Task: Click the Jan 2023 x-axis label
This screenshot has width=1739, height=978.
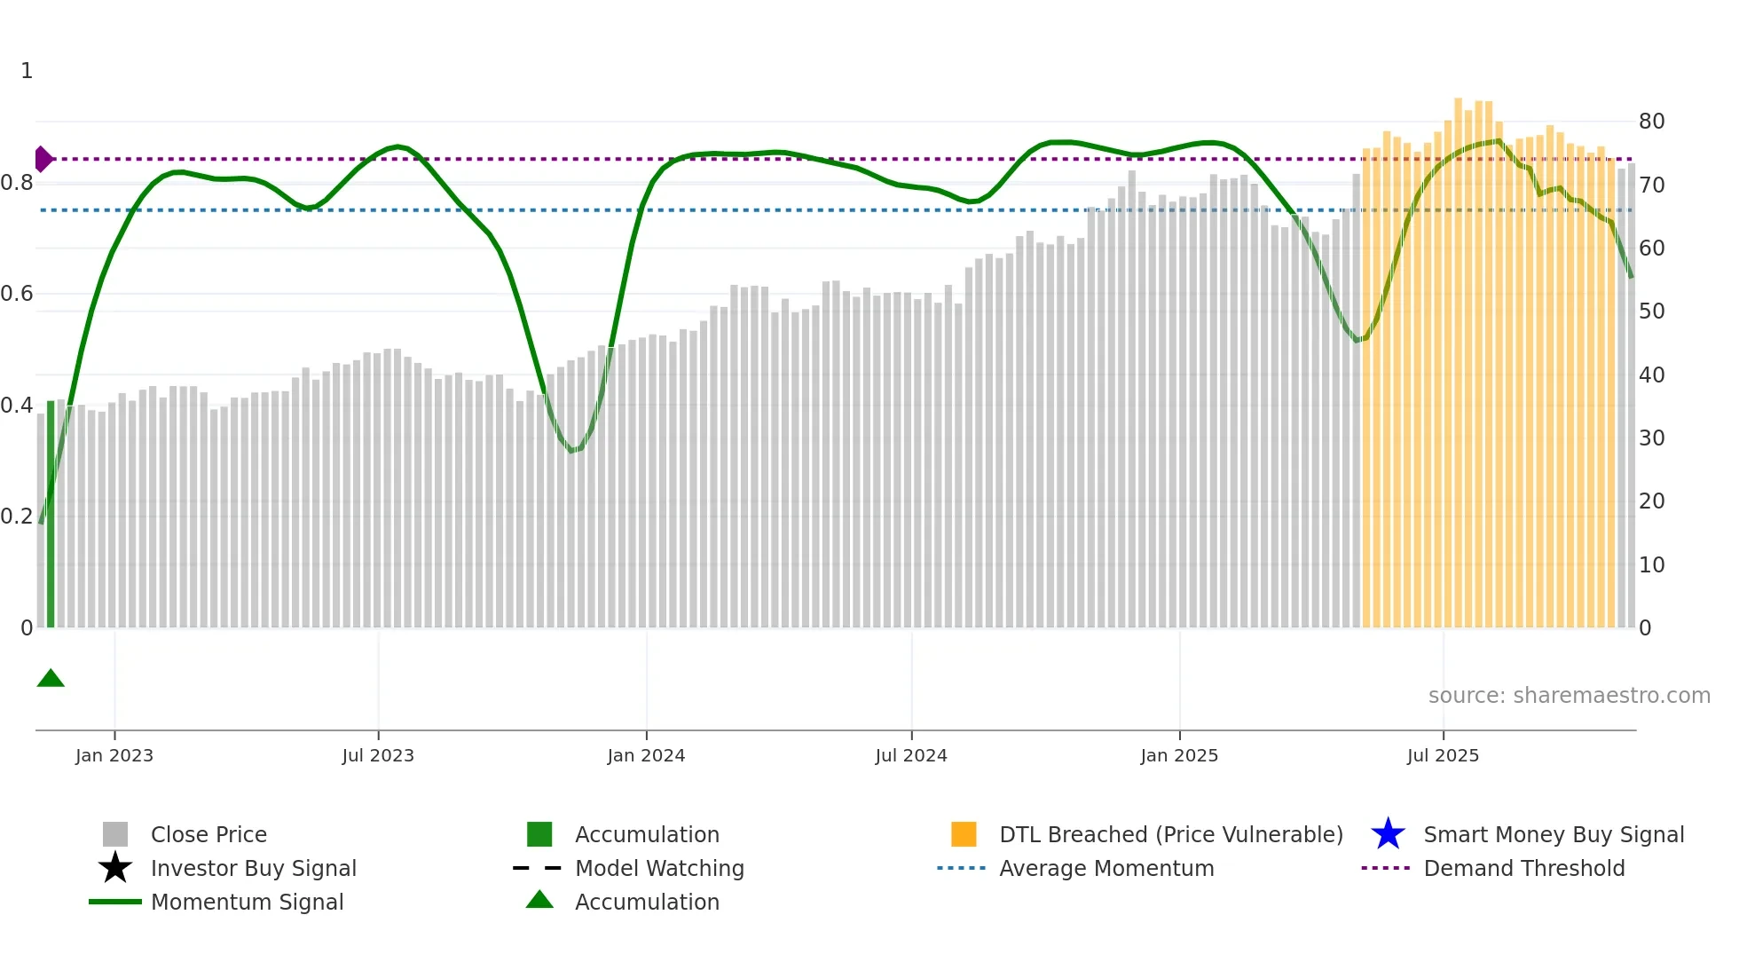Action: tap(114, 755)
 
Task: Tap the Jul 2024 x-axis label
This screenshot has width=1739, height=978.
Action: tap(911, 755)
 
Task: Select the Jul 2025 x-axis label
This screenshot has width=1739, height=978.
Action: tap(1443, 755)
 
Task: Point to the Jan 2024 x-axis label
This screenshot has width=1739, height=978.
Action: tap(646, 755)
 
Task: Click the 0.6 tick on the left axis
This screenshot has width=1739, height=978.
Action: tap(17, 294)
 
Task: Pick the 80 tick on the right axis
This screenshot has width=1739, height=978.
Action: tap(1651, 122)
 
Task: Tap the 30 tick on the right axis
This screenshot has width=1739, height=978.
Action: tap(1651, 438)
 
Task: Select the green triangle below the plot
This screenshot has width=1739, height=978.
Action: tap(51, 679)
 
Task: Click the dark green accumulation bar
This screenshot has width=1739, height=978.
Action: tap(51, 515)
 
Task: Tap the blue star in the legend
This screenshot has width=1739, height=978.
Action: tap(1388, 834)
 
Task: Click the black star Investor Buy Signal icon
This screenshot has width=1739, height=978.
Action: tap(115, 868)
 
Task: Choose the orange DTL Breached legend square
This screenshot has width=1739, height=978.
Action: tap(964, 834)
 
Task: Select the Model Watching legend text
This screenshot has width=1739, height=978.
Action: tap(659, 868)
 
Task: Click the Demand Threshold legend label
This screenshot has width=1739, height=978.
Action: tap(1523, 868)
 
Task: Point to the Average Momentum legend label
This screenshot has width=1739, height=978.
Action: tap(1106, 868)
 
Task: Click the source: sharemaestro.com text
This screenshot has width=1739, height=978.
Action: tap(1569, 696)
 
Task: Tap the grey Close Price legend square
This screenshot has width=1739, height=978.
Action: tap(115, 834)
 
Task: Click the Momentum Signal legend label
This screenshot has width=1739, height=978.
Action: tap(247, 902)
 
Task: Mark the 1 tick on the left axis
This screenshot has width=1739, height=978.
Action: tap(27, 71)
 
